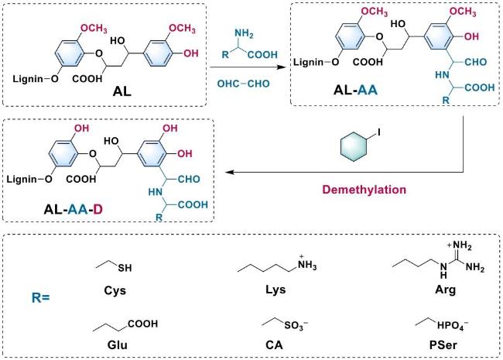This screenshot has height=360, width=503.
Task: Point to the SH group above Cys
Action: point(125,270)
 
